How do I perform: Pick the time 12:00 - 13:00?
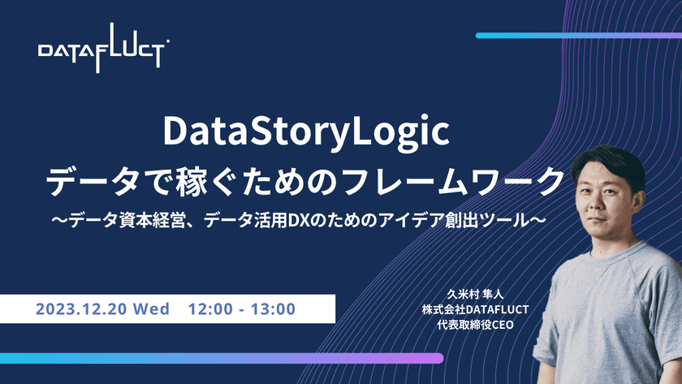point(241,308)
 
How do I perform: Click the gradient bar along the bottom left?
point(219,357)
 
